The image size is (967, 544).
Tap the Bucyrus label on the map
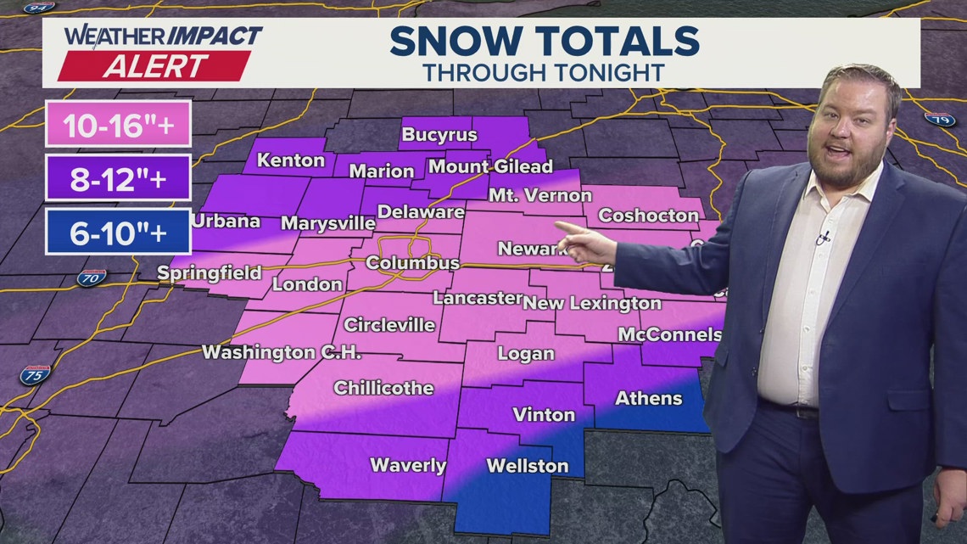coord(439,135)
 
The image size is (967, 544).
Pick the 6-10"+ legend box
coord(118,233)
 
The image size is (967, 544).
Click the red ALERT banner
coord(155,66)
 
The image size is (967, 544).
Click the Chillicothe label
coord(383,388)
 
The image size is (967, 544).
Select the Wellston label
coord(527,466)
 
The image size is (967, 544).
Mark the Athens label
coord(648,398)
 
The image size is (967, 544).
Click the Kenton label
coord(291,160)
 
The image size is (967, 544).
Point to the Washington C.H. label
coord(282,351)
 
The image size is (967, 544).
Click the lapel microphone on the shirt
coord(821,238)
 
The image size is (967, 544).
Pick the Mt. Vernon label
coord(540,195)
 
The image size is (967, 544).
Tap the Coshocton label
coord(648,216)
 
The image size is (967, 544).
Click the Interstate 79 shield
coord(940,120)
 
